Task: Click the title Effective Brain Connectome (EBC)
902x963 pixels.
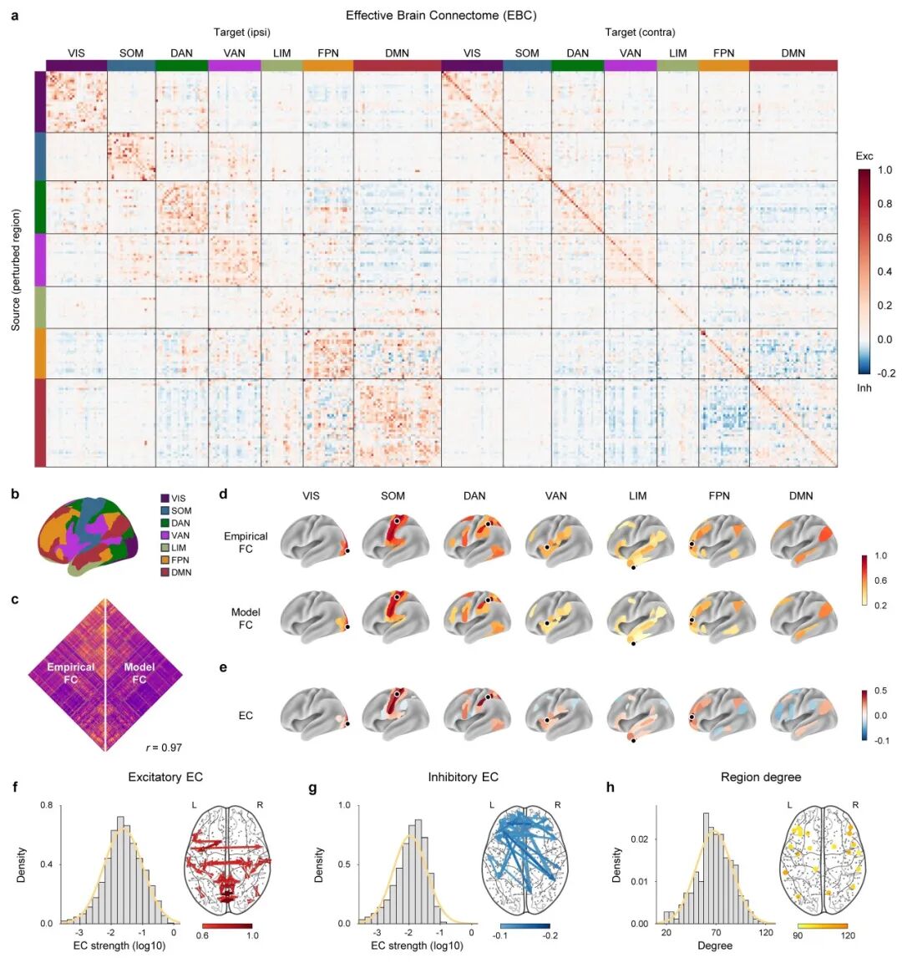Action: point(441,15)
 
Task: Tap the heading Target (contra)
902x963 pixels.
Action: point(640,33)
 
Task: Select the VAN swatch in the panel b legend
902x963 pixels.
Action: point(165,535)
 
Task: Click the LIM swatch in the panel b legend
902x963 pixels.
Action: point(165,548)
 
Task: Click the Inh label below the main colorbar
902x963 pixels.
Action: point(864,388)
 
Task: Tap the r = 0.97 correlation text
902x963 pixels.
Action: point(164,748)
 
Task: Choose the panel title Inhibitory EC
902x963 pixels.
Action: point(463,777)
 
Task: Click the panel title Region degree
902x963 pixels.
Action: point(760,777)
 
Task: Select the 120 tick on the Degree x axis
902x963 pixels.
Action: point(766,933)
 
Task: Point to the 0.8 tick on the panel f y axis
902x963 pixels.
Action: point(48,805)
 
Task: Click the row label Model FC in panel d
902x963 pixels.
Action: point(246,619)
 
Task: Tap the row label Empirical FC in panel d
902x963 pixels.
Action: point(246,543)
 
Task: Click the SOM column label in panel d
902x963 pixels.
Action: point(393,496)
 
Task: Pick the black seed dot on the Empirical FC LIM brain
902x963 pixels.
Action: point(634,568)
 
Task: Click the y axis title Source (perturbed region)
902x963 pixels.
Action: point(16,270)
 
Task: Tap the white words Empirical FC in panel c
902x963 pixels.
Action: point(71,673)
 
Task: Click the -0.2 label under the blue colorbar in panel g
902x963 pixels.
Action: point(550,936)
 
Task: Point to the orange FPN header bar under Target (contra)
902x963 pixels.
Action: point(723,65)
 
